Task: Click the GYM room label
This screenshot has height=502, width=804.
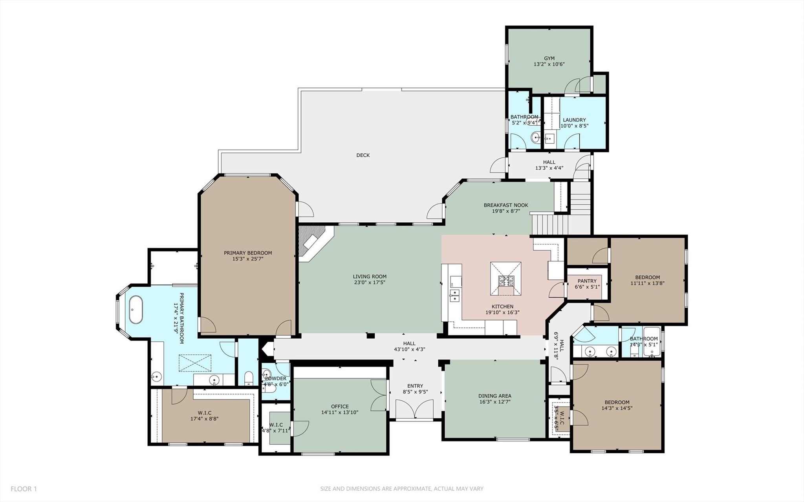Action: pyautogui.click(x=549, y=59)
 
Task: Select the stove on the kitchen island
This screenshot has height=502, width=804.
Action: pyautogui.click(x=506, y=281)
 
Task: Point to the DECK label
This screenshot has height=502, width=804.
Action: pyautogui.click(x=363, y=155)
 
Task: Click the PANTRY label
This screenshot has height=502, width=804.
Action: pyautogui.click(x=587, y=281)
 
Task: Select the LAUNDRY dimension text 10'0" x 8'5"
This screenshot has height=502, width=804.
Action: pyautogui.click(x=574, y=126)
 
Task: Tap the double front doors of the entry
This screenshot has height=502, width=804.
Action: pyautogui.click(x=415, y=410)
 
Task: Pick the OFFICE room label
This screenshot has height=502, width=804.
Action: pyautogui.click(x=340, y=407)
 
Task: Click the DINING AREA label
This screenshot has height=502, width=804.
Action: pyautogui.click(x=494, y=396)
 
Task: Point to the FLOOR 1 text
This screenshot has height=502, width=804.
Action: pyautogui.click(x=24, y=489)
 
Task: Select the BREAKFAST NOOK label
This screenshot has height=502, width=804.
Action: pyautogui.click(x=505, y=205)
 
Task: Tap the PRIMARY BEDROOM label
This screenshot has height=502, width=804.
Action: pyautogui.click(x=247, y=253)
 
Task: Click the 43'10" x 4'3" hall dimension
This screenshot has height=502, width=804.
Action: pyautogui.click(x=409, y=349)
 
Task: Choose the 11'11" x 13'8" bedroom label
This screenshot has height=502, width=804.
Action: pyautogui.click(x=647, y=283)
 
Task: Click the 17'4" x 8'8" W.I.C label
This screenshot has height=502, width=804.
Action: pyautogui.click(x=204, y=419)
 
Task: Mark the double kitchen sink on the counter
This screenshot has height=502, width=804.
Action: pyautogui.click(x=454, y=295)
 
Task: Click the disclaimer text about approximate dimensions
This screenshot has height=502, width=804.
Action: pyautogui.click(x=401, y=489)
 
